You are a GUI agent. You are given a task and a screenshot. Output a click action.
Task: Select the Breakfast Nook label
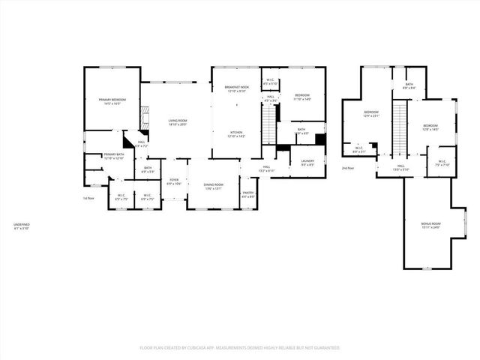click(236, 88)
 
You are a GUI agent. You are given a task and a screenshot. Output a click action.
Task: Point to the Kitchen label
click(236, 133)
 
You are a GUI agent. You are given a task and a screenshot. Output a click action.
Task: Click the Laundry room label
click(307, 160)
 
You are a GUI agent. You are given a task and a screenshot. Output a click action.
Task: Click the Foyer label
click(173, 180)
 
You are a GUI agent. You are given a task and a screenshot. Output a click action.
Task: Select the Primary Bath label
click(112, 155)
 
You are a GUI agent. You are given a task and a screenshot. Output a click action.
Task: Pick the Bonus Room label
click(430, 224)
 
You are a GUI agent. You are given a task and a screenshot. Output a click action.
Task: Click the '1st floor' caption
click(88, 198)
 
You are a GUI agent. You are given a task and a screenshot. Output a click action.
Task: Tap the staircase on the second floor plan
click(400, 126)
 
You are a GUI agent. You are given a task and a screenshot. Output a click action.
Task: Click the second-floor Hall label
click(401, 166)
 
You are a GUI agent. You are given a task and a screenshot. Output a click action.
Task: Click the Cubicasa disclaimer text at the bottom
click(240, 348)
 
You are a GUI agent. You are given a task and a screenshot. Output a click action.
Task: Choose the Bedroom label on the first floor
click(301, 95)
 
